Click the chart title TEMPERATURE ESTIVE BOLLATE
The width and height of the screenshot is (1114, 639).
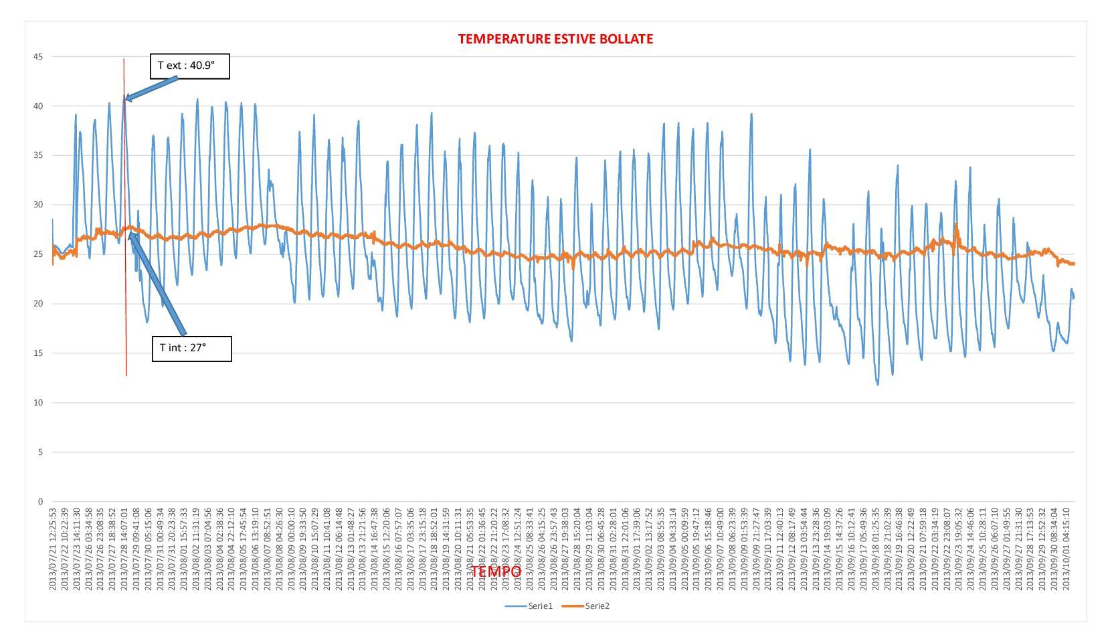coord(555,39)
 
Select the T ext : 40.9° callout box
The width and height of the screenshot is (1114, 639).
coord(189,66)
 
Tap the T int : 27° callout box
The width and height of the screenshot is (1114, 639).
coord(191,349)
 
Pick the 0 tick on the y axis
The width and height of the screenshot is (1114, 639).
coord(40,502)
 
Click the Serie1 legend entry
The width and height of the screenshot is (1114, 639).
coord(529,606)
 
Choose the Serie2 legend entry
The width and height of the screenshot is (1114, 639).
coord(586,606)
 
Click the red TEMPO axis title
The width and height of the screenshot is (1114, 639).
coord(496,571)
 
